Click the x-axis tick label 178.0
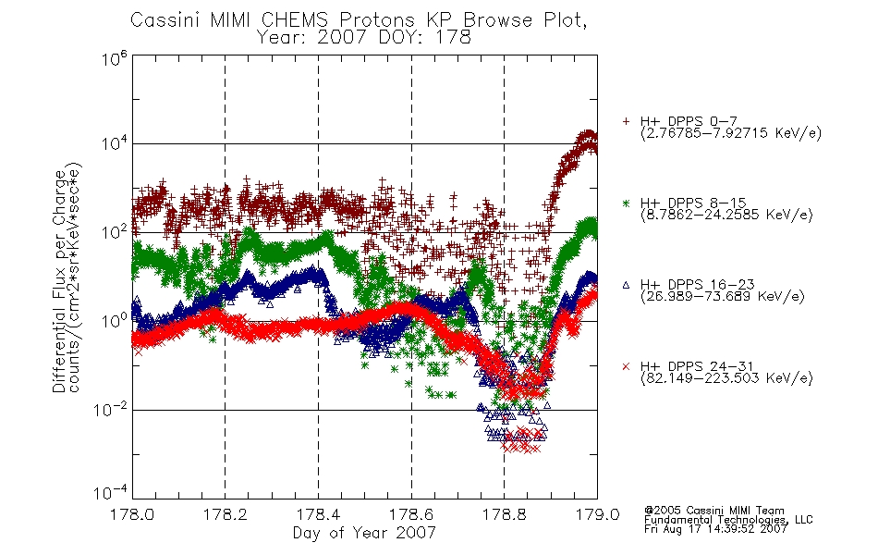pos(132,514)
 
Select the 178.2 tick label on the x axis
pos(226,514)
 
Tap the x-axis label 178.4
pos(318,514)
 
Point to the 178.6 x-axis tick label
pos(411,514)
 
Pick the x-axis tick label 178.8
pos(504,514)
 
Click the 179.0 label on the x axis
pos(597,514)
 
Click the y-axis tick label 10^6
pos(115,58)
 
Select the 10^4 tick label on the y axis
pos(115,143)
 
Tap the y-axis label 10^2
pos(115,231)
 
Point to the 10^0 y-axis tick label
pos(115,320)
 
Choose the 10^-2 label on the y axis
pos(110,409)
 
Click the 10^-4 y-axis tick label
pos(110,492)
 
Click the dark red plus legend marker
pos(626,121)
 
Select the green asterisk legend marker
pos(626,203)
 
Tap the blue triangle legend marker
pos(626,285)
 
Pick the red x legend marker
pos(626,366)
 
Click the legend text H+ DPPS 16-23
pos(697,284)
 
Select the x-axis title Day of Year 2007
pos(364,533)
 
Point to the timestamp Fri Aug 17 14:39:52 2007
pos(715,529)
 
